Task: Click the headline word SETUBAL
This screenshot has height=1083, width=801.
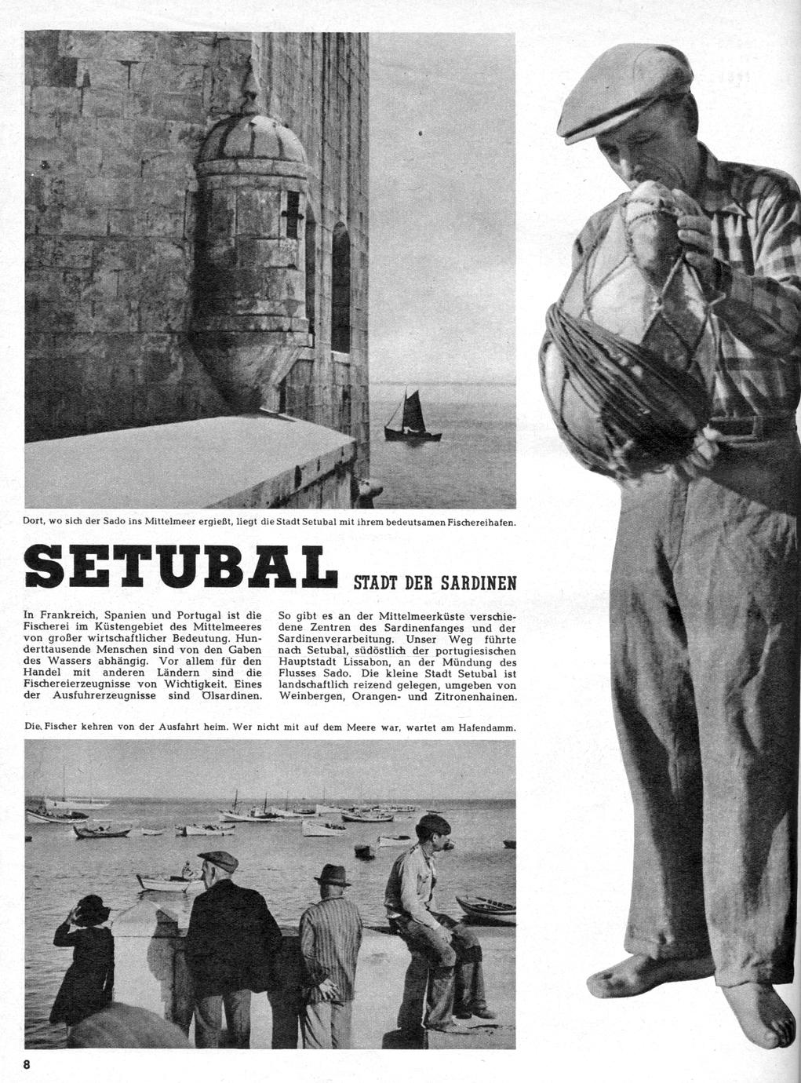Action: tap(177, 563)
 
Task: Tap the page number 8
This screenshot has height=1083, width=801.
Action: tap(27, 1064)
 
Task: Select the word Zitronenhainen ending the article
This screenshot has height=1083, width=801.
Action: tap(475, 696)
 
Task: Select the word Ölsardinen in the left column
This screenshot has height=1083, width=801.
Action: tap(231, 696)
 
